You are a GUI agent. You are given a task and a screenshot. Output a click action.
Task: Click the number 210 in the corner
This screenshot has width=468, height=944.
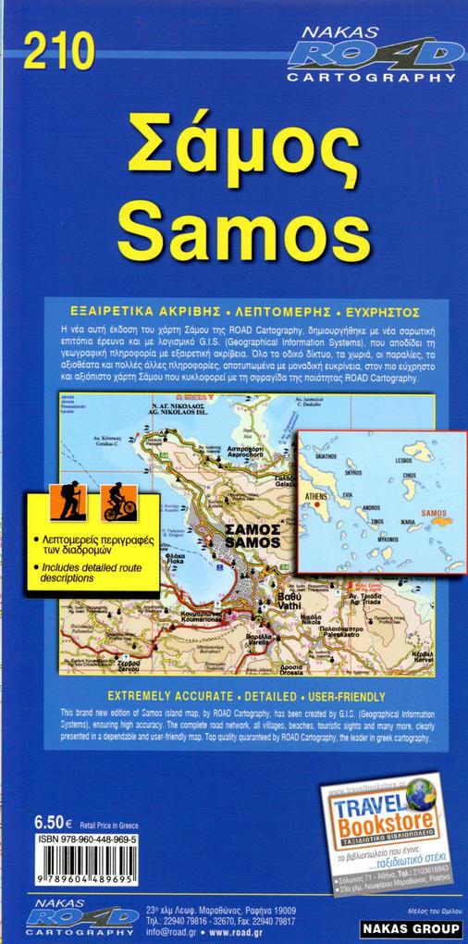60,51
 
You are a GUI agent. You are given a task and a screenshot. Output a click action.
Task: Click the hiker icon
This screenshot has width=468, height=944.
70,500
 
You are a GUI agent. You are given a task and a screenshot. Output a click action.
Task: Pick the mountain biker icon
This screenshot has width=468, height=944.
118,500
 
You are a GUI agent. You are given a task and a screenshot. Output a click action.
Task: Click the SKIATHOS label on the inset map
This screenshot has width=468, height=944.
327,456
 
